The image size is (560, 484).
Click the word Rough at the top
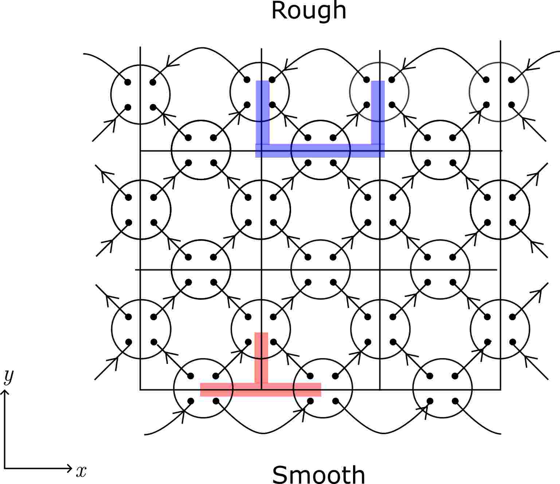[309, 11]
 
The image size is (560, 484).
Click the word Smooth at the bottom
[318, 474]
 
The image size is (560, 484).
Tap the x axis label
[81, 471]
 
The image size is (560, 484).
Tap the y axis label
[8, 377]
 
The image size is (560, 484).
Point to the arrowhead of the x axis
[70, 468]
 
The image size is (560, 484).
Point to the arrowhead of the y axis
[5, 392]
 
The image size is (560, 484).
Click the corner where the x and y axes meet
[5, 468]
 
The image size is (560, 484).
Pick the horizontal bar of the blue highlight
[320, 151]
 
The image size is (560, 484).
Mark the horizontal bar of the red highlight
[261, 389]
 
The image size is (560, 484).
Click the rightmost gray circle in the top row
[498, 92]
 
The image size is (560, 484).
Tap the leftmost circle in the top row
[140, 95]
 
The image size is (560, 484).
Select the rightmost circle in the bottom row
[442, 389]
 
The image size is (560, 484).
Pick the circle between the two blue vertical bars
[321, 150]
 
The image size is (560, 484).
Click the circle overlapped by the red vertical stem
[261, 329]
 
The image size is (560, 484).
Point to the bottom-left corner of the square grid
[140, 389]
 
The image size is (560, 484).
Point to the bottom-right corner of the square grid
[500, 389]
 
